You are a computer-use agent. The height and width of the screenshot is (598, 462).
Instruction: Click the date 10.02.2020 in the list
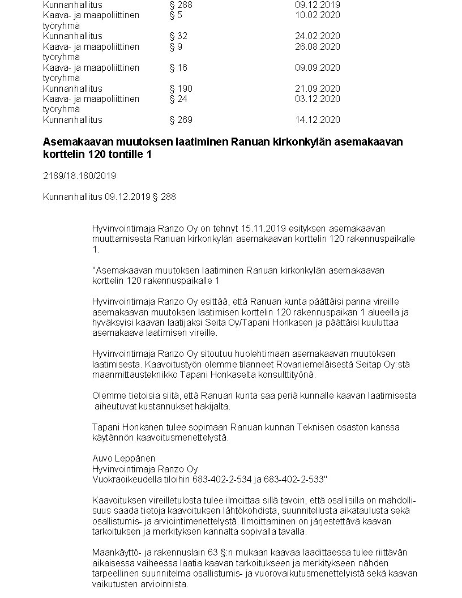point(317,15)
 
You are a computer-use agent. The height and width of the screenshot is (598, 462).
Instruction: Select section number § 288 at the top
point(181,5)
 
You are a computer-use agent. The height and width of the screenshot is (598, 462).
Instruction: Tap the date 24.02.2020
point(317,36)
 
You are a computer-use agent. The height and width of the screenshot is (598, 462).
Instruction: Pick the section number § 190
point(181,88)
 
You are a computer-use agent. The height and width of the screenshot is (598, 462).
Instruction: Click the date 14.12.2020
point(317,119)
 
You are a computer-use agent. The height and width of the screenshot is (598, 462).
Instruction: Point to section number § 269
point(181,119)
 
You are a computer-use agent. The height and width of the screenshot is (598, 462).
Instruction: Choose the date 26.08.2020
point(317,46)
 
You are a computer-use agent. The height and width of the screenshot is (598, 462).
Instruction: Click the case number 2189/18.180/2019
point(79,176)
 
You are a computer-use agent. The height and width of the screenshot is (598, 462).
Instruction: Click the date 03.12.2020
point(317,99)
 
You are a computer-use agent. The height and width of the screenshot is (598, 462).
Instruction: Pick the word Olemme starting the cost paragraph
point(108,396)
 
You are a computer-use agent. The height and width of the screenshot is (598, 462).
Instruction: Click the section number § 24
point(178,99)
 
